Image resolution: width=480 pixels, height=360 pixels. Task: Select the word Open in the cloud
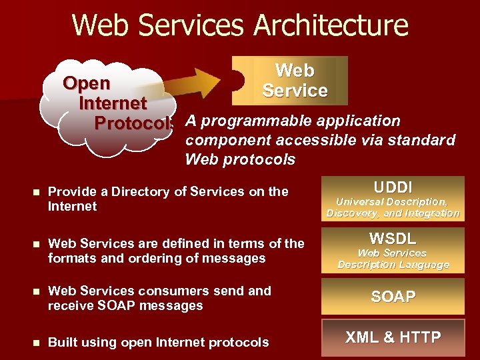[x=87, y=83]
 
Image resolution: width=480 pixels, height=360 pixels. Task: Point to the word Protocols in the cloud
[x=133, y=124]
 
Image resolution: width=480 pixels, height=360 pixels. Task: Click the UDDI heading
[x=393, y=187]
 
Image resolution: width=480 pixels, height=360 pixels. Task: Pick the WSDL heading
[x=393, y=238]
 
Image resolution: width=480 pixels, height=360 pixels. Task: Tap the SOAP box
[x=393, y=297]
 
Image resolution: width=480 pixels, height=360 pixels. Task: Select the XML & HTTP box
[x=393, y=337]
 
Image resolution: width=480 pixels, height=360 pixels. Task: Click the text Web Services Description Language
[x=393, y=259]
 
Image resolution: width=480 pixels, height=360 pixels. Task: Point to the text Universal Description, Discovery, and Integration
[x=393, y=207]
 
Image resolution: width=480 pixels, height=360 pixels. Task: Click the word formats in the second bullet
[x=69, y=259]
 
